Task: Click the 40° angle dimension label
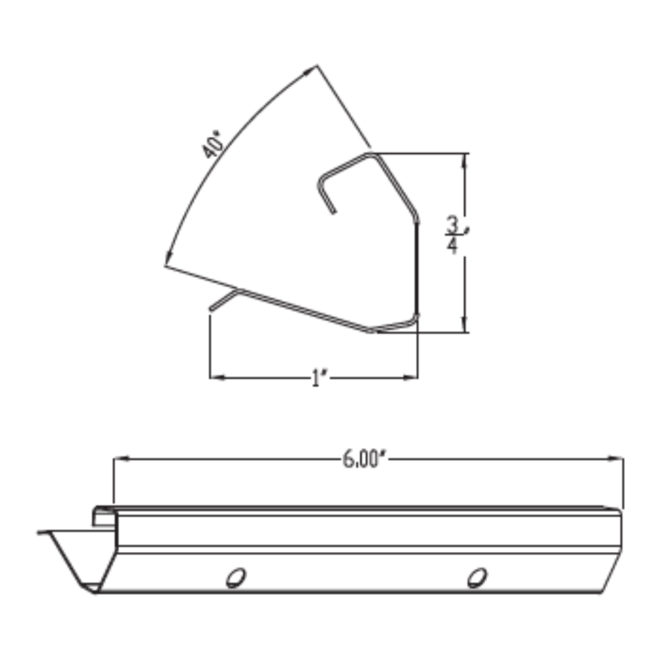click(x=213, y=146)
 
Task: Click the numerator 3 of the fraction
click(x=453, y=223)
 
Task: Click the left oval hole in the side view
click(x=235, y=577)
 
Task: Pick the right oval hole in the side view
click(x=476, y=577)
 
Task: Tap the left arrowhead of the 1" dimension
click(x=216, y=378)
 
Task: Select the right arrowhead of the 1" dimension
click(x=411, y=378)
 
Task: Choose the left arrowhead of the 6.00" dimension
click(x=120, y=459)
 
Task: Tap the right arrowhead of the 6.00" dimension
click(x=617, y=459)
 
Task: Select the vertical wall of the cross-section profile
click(x=417, y=268)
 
